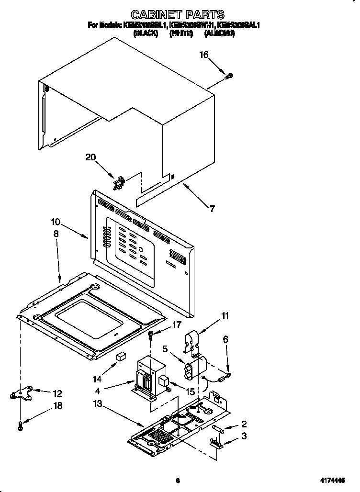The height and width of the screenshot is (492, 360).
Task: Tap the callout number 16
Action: [204, 55]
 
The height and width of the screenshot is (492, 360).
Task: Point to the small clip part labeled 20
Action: [119, 182]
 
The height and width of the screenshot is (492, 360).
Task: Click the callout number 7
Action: [212, 208]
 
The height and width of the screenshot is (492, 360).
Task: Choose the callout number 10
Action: [56, 222]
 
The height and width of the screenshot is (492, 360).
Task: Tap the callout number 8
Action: [56, 234]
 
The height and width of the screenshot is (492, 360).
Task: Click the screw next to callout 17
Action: [151, 334]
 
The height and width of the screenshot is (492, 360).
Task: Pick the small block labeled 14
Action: [121, 357]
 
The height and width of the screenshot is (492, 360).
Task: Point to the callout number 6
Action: [225, 339]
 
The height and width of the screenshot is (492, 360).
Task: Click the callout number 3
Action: [244, 436]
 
